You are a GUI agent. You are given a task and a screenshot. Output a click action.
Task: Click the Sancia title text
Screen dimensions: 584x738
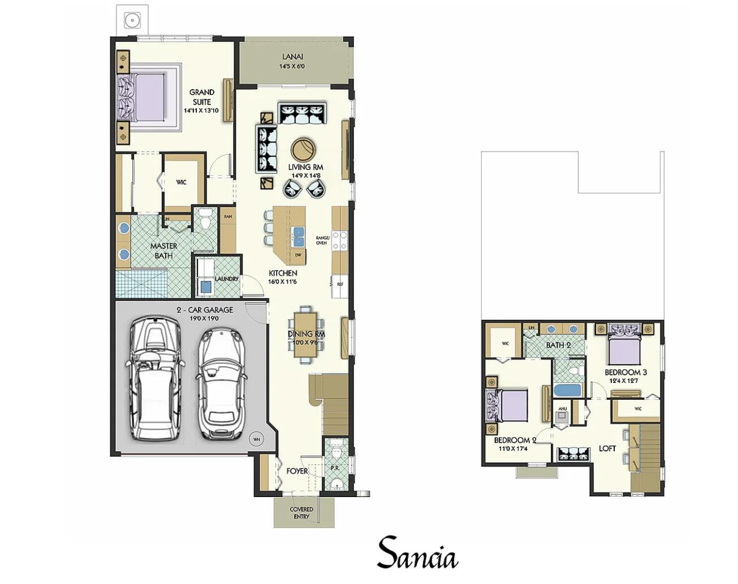(417, 554)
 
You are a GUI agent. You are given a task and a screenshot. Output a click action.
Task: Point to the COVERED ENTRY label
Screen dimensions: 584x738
(301, 512)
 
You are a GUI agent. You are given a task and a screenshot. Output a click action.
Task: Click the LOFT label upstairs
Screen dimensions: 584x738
(607, 448)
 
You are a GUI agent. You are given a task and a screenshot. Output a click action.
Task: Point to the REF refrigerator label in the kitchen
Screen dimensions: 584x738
(340, 284)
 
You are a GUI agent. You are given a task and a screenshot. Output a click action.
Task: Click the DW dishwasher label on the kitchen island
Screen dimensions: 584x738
(298, 255)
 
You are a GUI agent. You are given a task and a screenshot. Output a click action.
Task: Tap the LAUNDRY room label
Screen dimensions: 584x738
(226, 279)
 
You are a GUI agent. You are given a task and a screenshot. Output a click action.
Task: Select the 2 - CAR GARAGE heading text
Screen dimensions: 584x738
(205, 310)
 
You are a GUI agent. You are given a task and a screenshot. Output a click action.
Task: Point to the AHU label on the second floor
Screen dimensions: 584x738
(562, 408)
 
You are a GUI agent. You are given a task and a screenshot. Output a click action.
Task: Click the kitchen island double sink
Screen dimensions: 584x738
(298, 237)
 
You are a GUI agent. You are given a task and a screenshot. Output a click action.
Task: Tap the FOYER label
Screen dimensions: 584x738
(297, 470)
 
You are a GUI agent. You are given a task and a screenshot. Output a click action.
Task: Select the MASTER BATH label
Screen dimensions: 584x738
(163, 251)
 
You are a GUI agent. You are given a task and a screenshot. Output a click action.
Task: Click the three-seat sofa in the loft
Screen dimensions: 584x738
(573, 455)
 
